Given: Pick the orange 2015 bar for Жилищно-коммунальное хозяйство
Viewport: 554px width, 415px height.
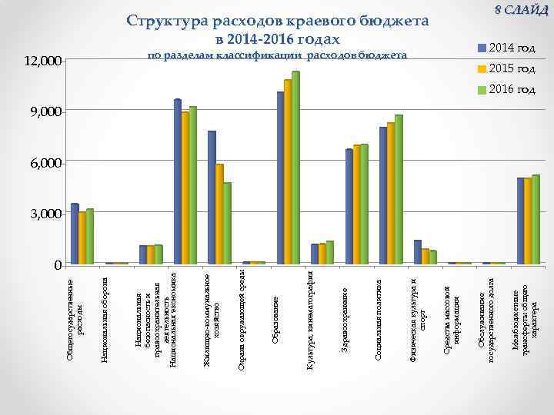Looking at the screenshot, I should tap(219, 214).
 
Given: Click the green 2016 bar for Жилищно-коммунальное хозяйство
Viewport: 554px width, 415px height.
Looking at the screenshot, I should tap(228, 224).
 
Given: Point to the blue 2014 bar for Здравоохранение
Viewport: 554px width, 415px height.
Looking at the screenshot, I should tap(349, 207).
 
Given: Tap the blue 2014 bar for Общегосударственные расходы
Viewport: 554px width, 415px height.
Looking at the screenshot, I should tap(75, 234).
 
